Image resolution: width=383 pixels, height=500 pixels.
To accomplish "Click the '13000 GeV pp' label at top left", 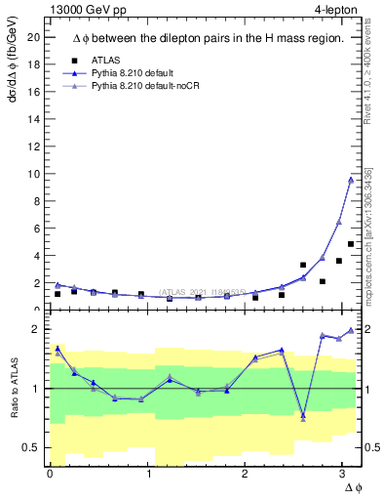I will (x=87, y=10).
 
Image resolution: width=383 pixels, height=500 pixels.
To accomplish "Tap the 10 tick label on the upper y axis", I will (x=34, y=174).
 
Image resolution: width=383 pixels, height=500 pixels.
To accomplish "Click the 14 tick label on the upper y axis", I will (x=34, y=119).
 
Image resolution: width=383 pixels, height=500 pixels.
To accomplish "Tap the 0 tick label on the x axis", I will (x=50, y=474).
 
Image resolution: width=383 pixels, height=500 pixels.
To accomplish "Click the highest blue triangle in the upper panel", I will (x=351, y=179).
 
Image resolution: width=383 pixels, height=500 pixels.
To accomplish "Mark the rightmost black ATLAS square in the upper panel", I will (x=351, y=244).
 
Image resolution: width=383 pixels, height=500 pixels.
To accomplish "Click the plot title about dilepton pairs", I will (x=208, y=38).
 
